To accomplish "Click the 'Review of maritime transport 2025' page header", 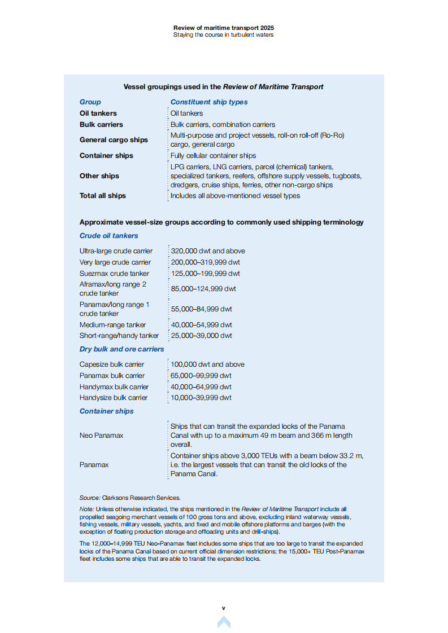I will (x=224, y=28).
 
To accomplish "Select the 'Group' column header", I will (x=90, y=102).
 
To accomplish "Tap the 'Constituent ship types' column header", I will (x=209, y=102).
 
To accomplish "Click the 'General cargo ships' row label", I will (x=114, y=140).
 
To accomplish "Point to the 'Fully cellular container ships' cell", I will (x=213, y=156).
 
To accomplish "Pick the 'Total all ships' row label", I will (x=103, y=196).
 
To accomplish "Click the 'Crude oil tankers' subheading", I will (x=109, y=236).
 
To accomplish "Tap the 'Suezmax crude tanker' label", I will (x=115, y=274).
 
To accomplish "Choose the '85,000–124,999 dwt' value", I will (x=203, y=289).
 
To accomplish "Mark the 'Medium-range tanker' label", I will (x=112, y=325).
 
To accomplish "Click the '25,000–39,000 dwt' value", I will (x=201, y=336).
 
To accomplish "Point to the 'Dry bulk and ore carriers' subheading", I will (x=122, y=349).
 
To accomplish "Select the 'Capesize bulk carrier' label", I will (x=112, y=364).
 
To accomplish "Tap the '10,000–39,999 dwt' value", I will (x=201, y=398).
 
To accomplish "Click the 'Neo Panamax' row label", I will (x=102, y=436).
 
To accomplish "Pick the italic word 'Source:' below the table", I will (x=90, y=498).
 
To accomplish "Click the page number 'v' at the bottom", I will (x=224, y=608).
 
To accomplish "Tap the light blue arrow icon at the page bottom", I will (x=224, y=622).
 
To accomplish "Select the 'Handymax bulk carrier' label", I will (x=114, y=387).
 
